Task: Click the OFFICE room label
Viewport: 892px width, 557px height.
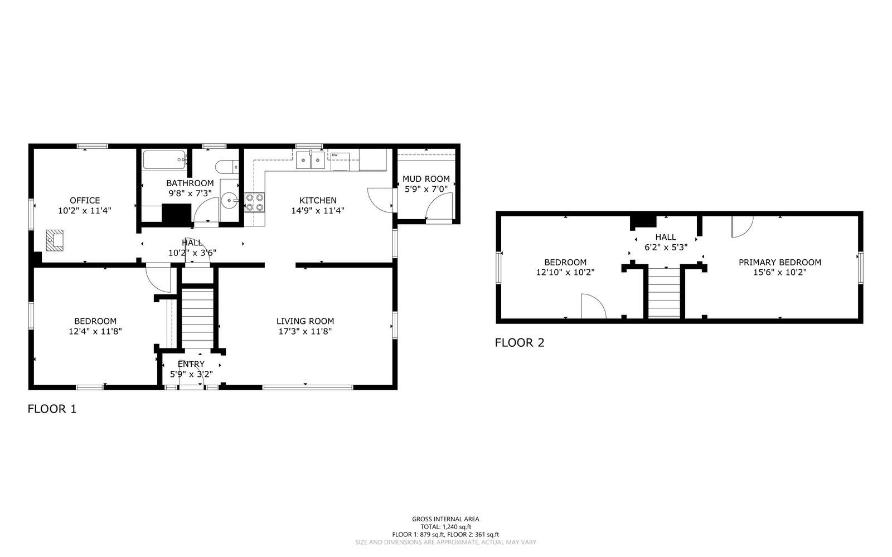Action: pos(85,200)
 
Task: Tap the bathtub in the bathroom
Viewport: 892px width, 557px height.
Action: pos(164,160)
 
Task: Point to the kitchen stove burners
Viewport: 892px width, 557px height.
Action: pos(254,202)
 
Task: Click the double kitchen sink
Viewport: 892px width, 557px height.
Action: pos(310,160)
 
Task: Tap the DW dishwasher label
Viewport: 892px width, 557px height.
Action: pos(334,155)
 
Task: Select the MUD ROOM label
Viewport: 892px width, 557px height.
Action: pos(426,179)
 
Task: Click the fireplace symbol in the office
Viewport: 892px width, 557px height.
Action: pos(55,240)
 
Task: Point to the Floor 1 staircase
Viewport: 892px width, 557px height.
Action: pos(197,319)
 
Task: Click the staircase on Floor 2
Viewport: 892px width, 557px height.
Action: pos(664,293)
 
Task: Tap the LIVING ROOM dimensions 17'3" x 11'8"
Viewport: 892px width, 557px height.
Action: pos(305,331)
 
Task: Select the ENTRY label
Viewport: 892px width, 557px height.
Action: pos(191,364)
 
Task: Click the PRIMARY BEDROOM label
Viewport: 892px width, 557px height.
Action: pos(780,263)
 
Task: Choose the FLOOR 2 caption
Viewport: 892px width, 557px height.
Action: pos(519,342)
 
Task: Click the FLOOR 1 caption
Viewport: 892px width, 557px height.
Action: pos(52,409)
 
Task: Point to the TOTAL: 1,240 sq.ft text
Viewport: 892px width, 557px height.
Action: pos(445,527)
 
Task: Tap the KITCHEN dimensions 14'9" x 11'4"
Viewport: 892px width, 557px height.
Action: pos(318,211)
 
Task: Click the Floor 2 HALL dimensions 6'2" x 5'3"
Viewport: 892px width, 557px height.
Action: pos(666,247)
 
